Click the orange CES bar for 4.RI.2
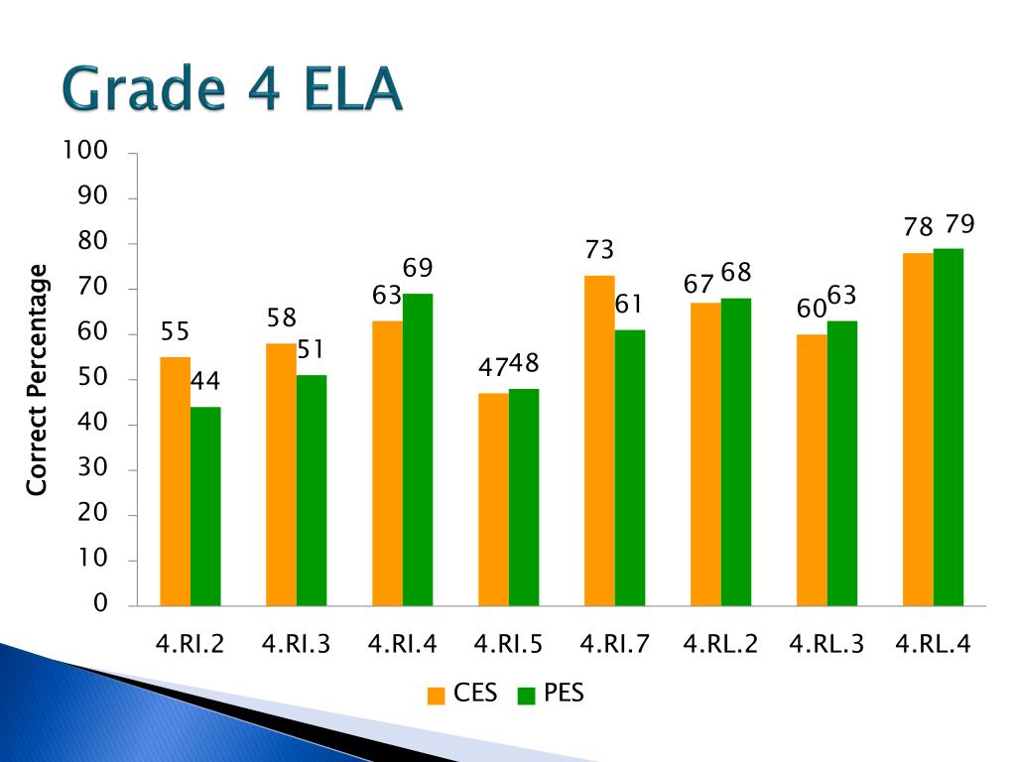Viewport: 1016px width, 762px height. click(176, 481)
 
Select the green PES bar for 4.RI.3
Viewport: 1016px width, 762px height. click(312, 490)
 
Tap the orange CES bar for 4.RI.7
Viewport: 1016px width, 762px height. click(599, 441)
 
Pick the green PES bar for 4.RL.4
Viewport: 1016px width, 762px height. click(949, 427)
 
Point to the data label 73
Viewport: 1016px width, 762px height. click(599, 250)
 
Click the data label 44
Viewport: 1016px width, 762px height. click(205, 382)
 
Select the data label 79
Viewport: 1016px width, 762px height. click(959, 224)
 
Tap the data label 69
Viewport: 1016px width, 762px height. click(418, 269)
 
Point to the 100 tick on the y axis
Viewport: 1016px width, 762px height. click(84, 151)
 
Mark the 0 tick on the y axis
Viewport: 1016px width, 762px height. click(100, 605)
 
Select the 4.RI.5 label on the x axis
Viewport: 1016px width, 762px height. click(508, 645)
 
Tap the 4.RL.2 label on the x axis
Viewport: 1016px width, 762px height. click(720, 645)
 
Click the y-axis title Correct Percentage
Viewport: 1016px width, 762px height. click(38, 380)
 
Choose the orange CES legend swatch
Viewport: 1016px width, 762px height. click(436, 695)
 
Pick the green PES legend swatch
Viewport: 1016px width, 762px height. click(526, 695)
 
